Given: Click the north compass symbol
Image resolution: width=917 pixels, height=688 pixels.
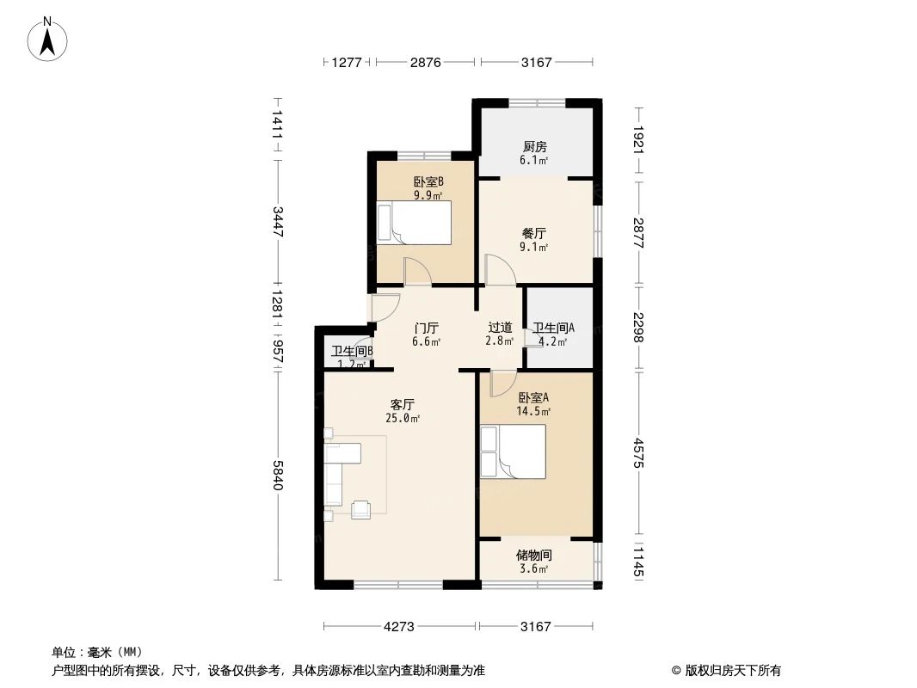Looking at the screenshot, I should click(x=49, y=39).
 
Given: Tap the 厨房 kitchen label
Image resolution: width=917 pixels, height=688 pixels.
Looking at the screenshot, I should click(x=534, y=147).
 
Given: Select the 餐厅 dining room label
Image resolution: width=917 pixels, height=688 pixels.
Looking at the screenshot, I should click(x=534, y=233).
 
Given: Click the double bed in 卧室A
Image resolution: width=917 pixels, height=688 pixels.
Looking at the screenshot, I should click(x=513, y=452).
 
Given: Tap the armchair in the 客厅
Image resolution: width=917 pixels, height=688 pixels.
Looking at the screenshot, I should click(x=362, y=508).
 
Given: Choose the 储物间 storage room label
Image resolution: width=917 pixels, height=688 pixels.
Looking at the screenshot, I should click(x=534, y=556).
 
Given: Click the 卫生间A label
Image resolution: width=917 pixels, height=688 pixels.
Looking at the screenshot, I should click(x=553, y=328).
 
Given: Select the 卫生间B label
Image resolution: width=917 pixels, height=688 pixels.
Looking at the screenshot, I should click(x=352, y=351).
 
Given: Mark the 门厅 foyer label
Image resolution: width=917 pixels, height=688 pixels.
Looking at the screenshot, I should click(x=426, y=328).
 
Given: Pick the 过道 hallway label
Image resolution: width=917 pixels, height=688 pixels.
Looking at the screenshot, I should click(x=500, y=328).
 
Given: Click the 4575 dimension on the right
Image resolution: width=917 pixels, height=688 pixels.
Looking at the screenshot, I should click(x=637, y=455).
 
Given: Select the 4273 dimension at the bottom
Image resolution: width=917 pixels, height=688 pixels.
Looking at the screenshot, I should click(x=400, y=627).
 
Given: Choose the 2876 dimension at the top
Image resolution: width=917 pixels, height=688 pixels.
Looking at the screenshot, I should click(x=425, y=62).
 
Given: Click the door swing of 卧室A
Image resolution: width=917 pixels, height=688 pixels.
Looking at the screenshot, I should click(x=501, y=384).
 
